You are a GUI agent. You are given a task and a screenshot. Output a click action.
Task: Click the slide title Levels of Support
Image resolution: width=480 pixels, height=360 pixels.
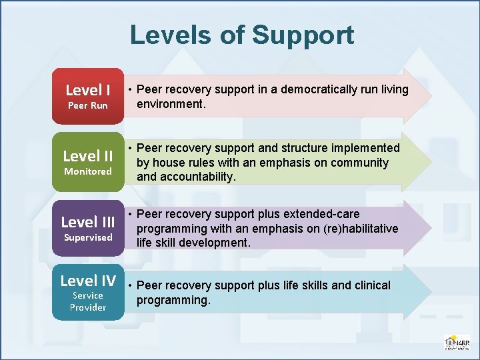[241, 35]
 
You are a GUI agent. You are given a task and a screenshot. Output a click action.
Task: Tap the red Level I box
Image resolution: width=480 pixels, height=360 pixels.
[88, 96]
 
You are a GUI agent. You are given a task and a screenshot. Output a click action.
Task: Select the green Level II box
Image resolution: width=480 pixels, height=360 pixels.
[88, 162]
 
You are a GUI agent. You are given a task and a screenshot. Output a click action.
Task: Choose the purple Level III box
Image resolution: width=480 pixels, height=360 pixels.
[88, 228]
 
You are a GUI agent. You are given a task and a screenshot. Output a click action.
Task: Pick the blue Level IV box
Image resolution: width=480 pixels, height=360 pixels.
[88, 293]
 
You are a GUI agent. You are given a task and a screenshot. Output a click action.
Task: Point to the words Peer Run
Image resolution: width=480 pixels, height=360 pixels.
[88, 105]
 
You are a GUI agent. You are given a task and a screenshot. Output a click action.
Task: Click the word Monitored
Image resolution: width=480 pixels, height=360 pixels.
[88, 171]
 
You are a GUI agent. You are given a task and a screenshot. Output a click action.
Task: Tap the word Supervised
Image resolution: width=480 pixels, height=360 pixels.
[88, 237]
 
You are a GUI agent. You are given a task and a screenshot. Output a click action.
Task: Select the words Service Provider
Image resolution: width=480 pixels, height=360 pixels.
[88, 301]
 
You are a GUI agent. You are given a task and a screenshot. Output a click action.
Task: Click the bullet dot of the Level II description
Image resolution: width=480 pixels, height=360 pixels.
[131, 148]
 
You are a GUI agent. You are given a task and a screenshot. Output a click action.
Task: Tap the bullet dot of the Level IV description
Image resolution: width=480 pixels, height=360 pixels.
[131, 285]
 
